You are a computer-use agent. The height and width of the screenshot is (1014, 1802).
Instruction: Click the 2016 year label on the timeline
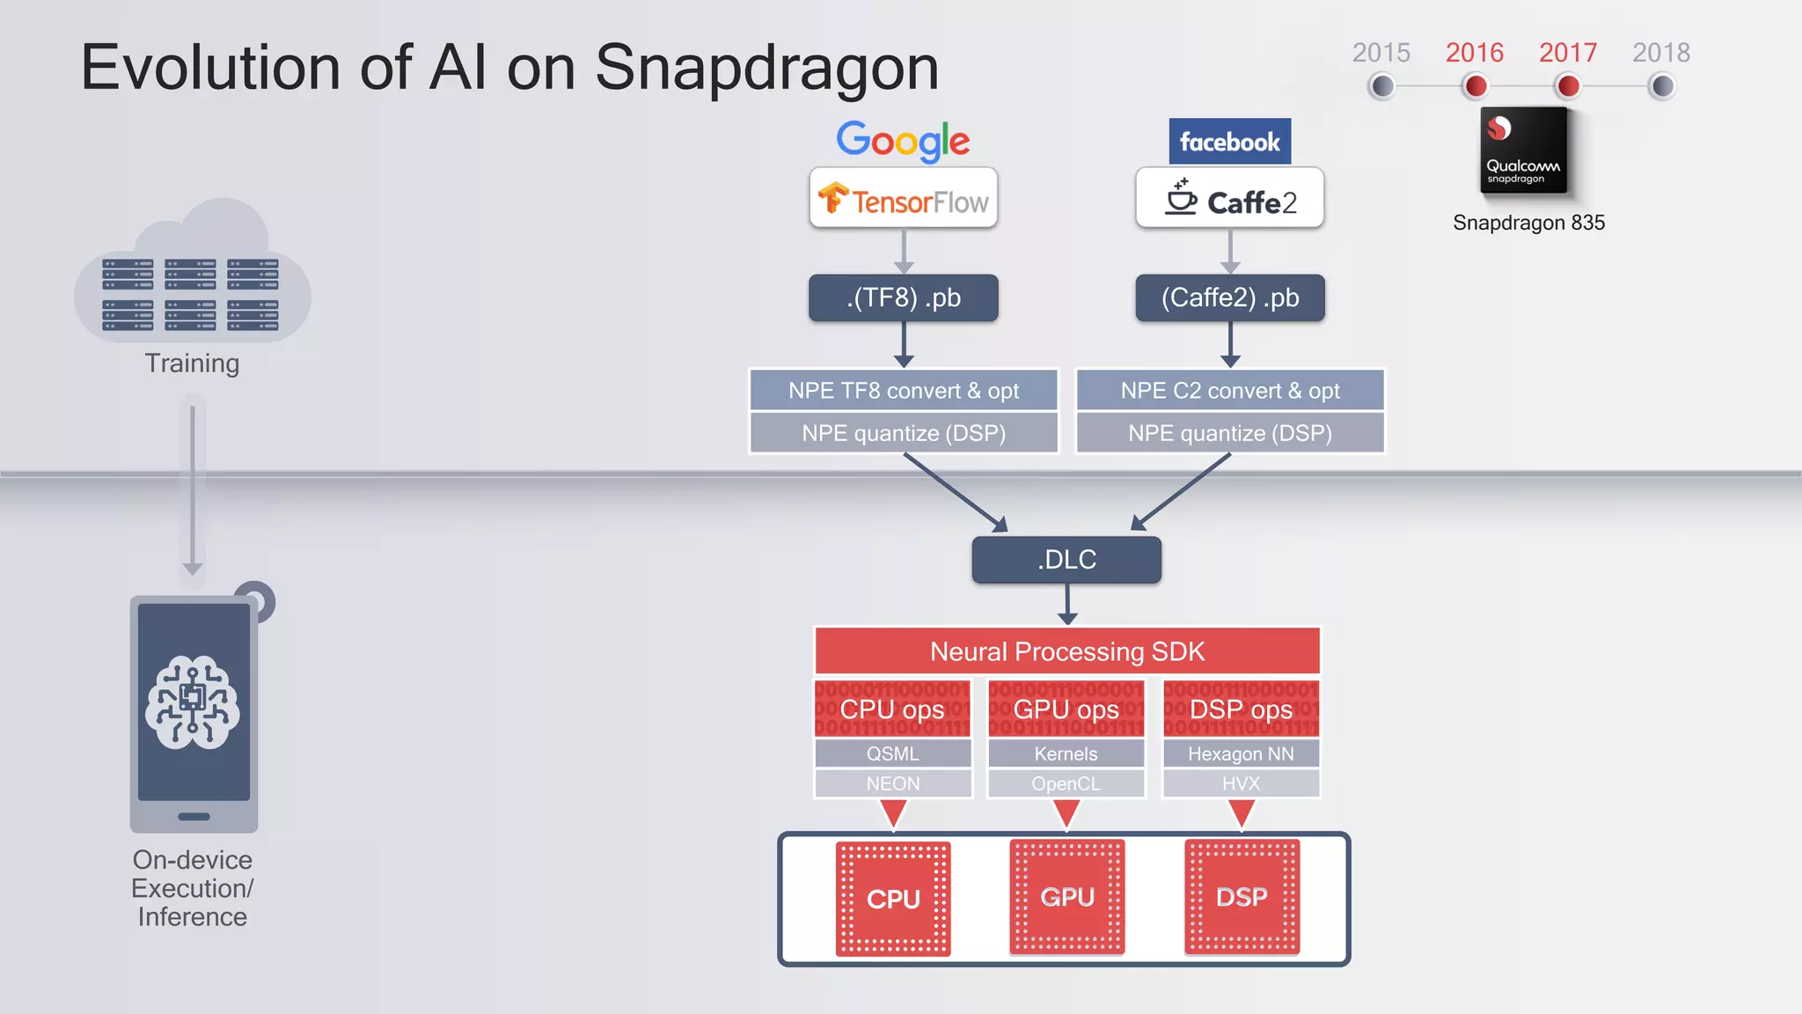tap(1475, 53)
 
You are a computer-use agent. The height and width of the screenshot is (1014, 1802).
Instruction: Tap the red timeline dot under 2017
tap(1568, 86)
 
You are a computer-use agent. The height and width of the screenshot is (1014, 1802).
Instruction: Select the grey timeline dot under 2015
tap(1382, 86)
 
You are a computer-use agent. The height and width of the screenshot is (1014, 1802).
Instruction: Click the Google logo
tap(903, 141)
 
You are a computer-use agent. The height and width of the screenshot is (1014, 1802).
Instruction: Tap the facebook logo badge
tap(1229, 142)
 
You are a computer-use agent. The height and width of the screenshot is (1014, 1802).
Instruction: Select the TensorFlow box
tap(904, 199)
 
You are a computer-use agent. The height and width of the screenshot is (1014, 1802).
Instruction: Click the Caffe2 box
tap(1229, 199)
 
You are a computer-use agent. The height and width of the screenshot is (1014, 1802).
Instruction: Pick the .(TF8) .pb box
tap(904, 298)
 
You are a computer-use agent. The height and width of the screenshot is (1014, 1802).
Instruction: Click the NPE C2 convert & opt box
tap(1230, 390)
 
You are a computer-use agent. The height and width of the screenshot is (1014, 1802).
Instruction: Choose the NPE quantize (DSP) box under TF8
tap(904, 433)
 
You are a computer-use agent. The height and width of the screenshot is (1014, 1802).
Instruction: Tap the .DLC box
tap(1066, 560)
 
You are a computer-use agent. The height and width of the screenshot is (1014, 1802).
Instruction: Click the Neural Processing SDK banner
tap(1067, 651)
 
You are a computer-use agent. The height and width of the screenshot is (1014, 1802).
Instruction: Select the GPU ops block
tap(1066, 709)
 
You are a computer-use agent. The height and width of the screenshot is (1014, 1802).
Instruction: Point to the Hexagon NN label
tap(1241, 753)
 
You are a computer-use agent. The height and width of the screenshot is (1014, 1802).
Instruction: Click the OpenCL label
tap(1066, 783)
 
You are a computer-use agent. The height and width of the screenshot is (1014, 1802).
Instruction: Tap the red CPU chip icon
tap(893, 899)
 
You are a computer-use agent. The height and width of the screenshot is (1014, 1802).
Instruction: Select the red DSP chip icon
tap(1242, 897)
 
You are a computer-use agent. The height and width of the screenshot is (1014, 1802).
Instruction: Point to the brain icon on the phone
tap(193, 702)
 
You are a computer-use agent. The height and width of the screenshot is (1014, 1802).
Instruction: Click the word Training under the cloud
tap(192, 364)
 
